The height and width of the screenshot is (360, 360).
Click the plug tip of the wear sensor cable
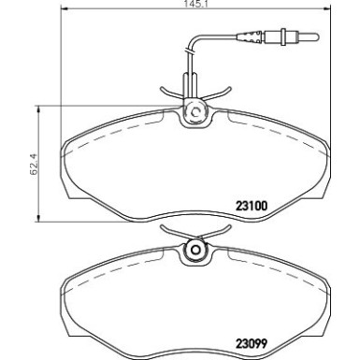tap(297, 39)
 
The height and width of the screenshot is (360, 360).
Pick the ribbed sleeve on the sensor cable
tap(252, 39)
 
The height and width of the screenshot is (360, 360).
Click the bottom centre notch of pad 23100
tap(196, 222)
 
